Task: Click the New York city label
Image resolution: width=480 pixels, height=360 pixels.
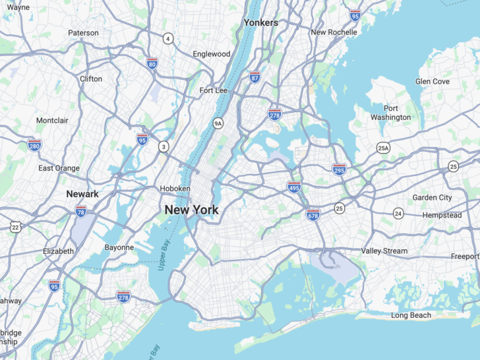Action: tap(191, 210)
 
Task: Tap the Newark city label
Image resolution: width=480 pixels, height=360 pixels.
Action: tap(82, 194)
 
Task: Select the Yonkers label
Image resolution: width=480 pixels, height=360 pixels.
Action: tap(260, 22)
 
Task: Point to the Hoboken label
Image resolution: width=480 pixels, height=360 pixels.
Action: tap(175, 189)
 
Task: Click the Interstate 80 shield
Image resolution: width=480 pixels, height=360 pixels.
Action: tap(152, 63)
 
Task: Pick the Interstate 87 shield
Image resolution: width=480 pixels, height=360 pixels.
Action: tap(255, 77)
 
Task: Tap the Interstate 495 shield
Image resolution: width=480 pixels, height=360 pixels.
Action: tap(294, 187)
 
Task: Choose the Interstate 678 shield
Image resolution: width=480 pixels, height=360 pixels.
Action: tap(313, 214)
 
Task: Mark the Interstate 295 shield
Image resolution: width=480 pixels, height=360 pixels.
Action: tap(340, 169)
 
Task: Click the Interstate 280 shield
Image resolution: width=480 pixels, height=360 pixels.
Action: tap(34, 145)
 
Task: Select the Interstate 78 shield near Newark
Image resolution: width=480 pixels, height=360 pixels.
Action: tap(81, 211)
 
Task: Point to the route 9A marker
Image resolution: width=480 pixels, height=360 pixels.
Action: tap(218, 123)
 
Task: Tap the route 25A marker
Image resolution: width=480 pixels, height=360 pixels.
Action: tap(383, 148)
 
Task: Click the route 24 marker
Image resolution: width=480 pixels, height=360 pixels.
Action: tap(398, 213)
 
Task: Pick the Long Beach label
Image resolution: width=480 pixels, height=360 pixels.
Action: tap(411, 315)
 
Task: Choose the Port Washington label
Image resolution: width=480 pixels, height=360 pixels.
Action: tap(390, 113)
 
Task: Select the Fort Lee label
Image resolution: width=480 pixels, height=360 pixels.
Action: tap(213, 90)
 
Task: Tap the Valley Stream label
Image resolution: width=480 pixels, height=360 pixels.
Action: tap(384, 251)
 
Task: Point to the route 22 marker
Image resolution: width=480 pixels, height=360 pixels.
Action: tap(15, 227)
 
